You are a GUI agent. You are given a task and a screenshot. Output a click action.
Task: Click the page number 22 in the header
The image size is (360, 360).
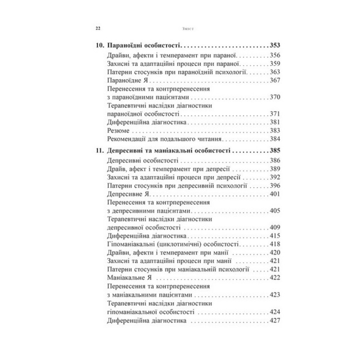point(98,30)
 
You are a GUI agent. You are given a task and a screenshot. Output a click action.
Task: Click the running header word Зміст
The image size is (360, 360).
point(179,30)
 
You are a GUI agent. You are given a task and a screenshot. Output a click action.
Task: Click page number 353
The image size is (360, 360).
point(275,46)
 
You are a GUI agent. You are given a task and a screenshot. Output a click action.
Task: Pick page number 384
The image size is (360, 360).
point(275,139)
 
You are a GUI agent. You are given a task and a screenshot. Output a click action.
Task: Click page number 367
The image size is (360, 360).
point(275,80)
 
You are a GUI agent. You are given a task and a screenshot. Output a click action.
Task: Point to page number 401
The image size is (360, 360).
point(275,194)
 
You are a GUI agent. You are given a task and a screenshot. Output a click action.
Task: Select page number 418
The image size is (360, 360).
point(275,244)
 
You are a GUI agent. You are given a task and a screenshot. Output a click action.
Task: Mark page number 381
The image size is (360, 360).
point(275,122)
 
